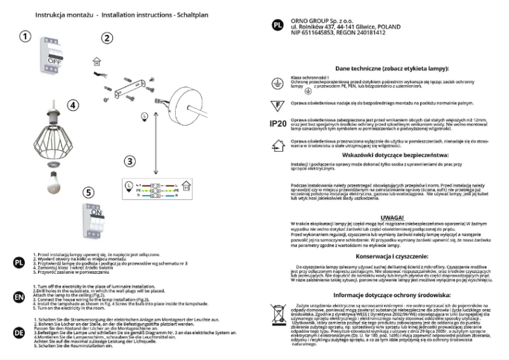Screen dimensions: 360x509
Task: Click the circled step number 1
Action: click(x=24, y=36)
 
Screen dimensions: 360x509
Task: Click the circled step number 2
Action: click(x=107, y=38)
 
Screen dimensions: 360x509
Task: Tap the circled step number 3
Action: click(x=129, y=161)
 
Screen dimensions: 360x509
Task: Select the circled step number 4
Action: click(x=74, y=105)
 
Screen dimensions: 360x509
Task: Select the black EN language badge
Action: click(x=19, y=297)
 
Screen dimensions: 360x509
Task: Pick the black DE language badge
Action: click(x=19, y=331)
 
